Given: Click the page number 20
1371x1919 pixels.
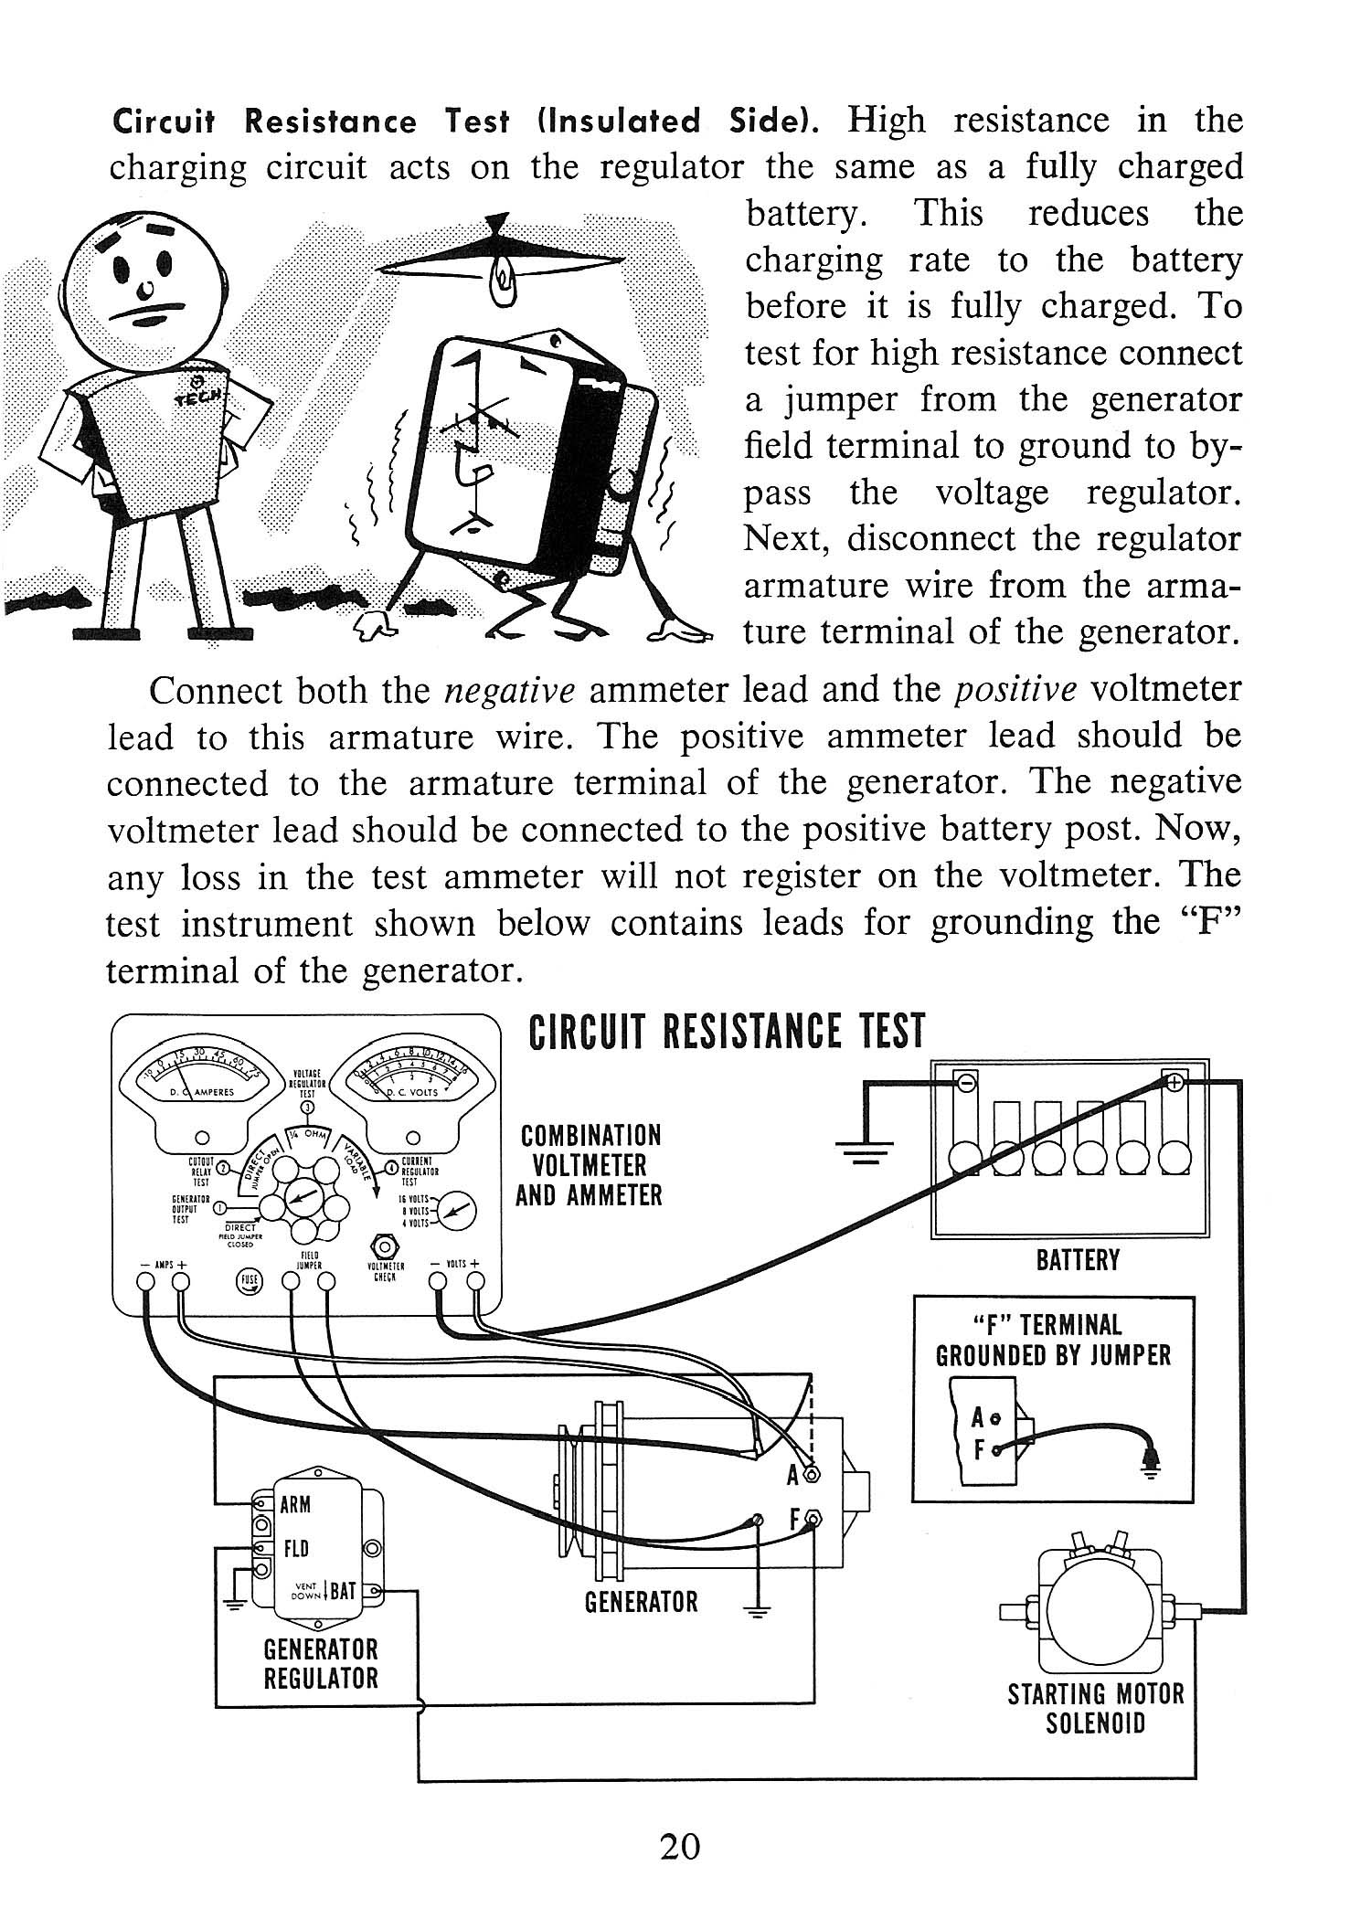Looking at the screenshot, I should click(680, 1848).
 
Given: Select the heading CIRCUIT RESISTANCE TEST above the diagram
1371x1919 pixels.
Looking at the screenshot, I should click(727, 1031).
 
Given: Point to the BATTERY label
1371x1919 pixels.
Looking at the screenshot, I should click(1078, 1261).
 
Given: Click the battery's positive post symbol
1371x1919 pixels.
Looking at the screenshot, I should click(1175, 1082).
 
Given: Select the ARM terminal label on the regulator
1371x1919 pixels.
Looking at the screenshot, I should click(295, 1505).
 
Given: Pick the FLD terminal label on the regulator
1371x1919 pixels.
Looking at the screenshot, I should click(296, 1549).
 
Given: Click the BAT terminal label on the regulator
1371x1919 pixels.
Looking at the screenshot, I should click(343, 1591).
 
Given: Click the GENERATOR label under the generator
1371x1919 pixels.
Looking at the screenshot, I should click(641, 1601).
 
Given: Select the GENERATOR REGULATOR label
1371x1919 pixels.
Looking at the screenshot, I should click(320, 1664).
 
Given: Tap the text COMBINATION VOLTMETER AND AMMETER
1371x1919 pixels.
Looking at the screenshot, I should click(590, 1165).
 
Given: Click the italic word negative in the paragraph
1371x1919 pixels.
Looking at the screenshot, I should click(509, 691).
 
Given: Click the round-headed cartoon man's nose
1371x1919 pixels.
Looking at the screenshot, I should click(145, 290).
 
